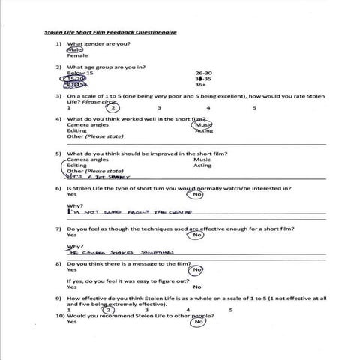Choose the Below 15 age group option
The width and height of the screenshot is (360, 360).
80,73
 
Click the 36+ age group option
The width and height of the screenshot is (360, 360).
201,85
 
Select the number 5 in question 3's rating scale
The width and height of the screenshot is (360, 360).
254,108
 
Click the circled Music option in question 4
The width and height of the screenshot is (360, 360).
203,125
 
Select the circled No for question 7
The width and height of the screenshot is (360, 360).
197,235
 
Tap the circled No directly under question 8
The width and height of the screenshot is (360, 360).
197,270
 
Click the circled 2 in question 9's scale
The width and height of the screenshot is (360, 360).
108,309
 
